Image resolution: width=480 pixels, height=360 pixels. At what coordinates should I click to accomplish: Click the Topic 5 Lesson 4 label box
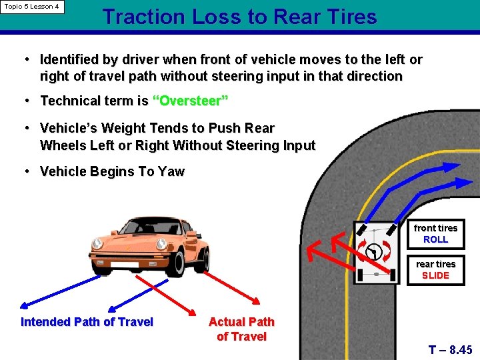tap(32, 7)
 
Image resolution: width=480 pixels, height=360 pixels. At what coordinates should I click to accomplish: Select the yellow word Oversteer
tap(191, 101)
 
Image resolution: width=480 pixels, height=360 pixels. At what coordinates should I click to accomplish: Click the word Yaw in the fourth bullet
tap(171, 171)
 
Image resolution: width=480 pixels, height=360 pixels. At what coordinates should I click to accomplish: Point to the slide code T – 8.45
tap(451, 349)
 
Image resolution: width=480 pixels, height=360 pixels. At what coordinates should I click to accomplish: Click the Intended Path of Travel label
tap(87, 322)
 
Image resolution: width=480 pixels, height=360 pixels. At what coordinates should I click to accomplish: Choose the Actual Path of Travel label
tap(241, 329)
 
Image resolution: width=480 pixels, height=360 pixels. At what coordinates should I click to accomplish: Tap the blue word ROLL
tap(435, 239)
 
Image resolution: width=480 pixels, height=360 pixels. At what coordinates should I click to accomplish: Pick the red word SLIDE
tap(435, 275)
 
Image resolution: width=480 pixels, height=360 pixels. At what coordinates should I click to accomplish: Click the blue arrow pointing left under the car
tap(60, 291)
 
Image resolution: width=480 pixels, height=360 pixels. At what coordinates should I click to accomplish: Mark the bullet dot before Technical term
tap(25, 101)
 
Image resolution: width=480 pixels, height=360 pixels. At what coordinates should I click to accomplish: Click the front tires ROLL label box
tap(435, 233)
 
